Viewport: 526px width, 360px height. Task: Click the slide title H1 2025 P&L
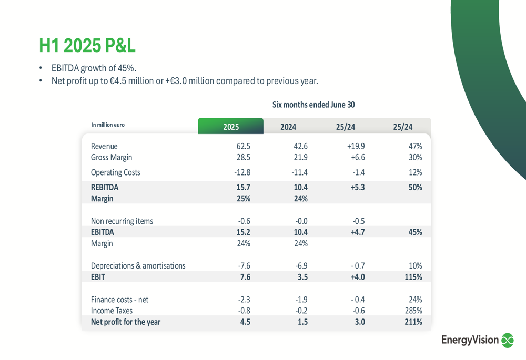pyautogui.click(x=87, y=46)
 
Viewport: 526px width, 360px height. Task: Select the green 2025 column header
pyautogui.click(x=230, y=127)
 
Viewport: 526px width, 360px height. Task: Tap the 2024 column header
pyautogui.click(x=288, y=127)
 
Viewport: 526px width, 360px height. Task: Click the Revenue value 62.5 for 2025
pyautogui.click(x=244, y=146)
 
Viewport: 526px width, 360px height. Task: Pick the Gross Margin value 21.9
pyautogui.click(x=301, y=157)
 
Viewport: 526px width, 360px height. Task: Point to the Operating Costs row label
pyautogui.click(x=115, y=172)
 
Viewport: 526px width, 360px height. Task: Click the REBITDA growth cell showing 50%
pyautogui.click(x=415, y=187)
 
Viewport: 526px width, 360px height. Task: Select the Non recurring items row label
pyautogui.click(x=122, y=221)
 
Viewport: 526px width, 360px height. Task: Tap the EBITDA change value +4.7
pyautogui.click(x=357, y=232)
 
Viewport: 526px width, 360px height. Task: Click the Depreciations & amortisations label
pyautogui.click(x=138, y=265)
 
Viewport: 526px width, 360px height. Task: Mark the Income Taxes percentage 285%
pyautogui.click(x=413, y=311)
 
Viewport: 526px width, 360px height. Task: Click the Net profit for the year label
pyautogui.click(x=125, y=322)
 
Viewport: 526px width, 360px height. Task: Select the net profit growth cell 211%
pyautogui.click(x=413, y=322)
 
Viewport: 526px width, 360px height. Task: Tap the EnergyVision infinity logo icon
pyautogui.click(x=507, y=341)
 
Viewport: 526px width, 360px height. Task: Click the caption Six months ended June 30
pyautogui.click(x=313, y=105)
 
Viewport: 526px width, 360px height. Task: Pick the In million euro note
pyautogui.click(x=108, y=125)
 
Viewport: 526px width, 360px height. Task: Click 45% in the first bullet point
pyautogui.click(x=126, y=68)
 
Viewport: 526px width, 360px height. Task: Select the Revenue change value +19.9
pyautogui.click(x=356, y=146)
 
